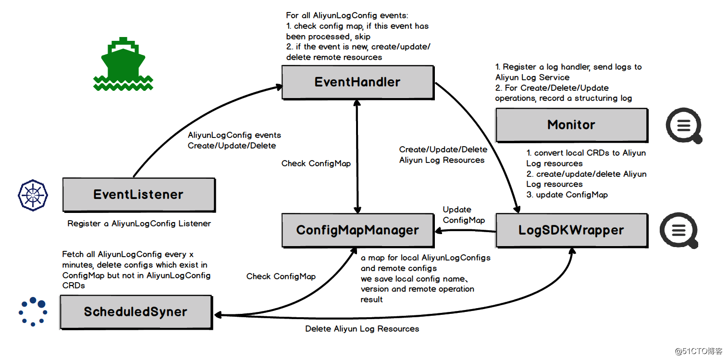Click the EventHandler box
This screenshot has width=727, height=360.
[357, 82]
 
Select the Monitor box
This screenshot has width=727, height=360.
[571, 125]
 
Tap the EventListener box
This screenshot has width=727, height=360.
[138, 195]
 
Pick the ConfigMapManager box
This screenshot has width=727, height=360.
[357, 230]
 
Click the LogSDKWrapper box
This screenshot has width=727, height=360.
[571, 230]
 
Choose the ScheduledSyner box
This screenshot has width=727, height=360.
[136, 312]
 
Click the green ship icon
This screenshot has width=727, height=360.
[123, 63]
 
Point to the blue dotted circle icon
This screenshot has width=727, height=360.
[33, 311]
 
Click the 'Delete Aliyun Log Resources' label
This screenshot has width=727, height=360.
[362, 329]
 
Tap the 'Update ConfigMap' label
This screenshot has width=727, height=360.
[463, 215]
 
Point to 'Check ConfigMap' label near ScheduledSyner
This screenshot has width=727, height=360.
[281, 276]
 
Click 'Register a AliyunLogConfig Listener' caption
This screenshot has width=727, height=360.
[139, 223]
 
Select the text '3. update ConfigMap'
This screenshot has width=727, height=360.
[567, 195]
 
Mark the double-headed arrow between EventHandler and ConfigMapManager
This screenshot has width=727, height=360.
[357, 156]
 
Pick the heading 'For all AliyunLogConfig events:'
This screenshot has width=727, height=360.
[347, 15]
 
